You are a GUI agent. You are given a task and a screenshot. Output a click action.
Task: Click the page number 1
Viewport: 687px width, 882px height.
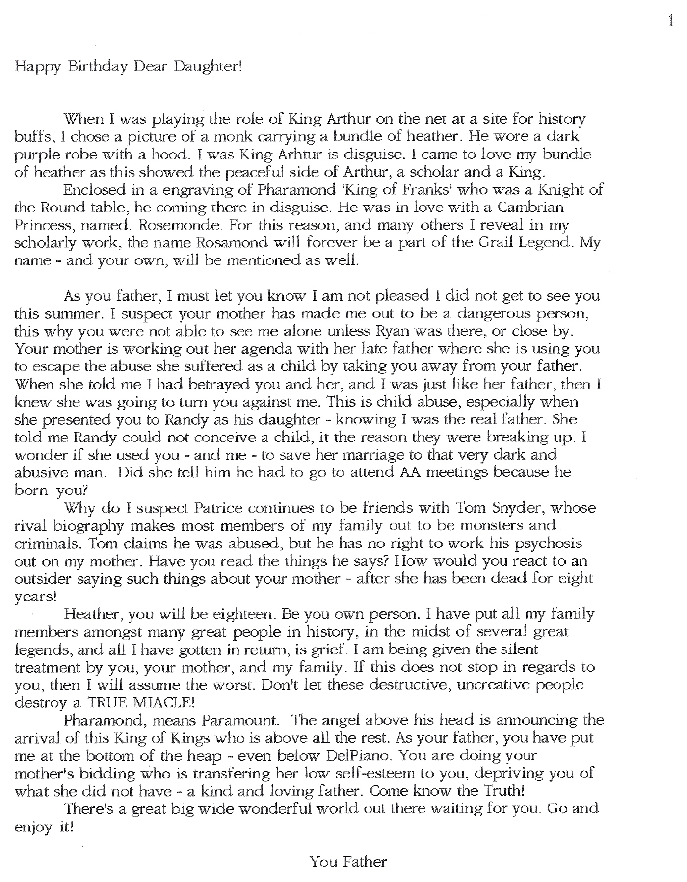pos(671,21)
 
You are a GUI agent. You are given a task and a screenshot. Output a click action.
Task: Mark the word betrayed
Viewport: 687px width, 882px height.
pos(211,384)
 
